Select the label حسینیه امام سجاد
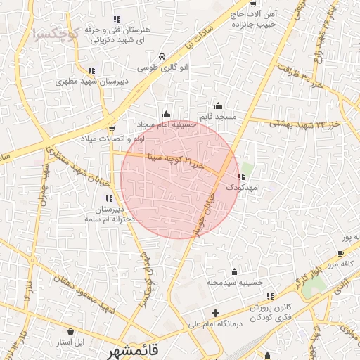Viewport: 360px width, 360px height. click(x=167, y=123)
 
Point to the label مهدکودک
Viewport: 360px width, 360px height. click(x=243, y=188)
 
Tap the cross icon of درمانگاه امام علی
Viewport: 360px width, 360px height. click(x=215, y=313)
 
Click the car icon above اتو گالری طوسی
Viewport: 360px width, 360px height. click(x=162, y=55)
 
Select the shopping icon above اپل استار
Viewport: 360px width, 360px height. click(x=70, y=330)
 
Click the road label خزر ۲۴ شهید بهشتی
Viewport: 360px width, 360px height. click(x=304, y=124)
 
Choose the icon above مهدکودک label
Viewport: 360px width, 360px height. click(x=243, y=177)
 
